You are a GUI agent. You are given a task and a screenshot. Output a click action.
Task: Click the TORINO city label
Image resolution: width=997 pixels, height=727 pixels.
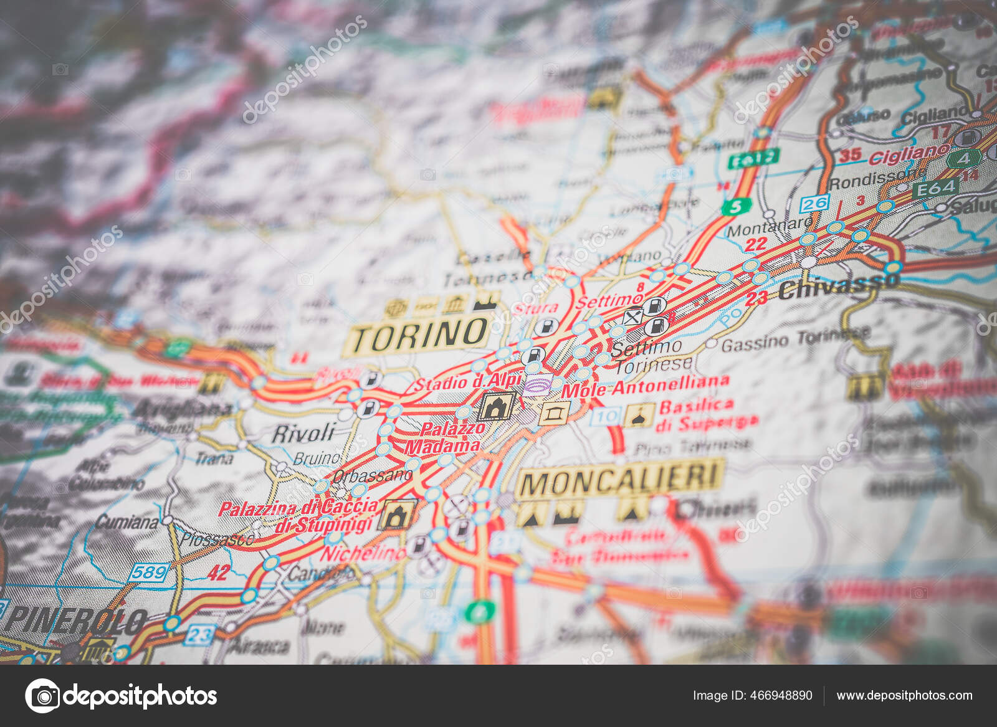419,335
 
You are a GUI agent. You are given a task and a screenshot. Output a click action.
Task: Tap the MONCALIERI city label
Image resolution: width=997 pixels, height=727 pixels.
621,480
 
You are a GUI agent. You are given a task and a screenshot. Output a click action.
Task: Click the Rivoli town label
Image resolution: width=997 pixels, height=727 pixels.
303,433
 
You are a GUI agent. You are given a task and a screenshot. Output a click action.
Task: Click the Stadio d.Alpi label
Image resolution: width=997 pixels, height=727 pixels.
467,382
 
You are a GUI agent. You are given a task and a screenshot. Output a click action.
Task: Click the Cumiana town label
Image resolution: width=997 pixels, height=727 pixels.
127,521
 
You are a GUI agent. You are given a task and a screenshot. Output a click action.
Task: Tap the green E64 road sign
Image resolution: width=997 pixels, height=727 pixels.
935,188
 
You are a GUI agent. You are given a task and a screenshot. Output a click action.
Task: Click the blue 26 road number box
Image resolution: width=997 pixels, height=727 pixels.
814,203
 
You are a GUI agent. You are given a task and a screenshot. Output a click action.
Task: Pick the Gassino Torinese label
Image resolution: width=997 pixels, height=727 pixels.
795,340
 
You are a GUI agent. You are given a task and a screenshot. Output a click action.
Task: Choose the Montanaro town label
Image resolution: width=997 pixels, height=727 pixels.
770,228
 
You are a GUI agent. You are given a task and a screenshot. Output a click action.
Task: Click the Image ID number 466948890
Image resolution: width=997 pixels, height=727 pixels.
752,695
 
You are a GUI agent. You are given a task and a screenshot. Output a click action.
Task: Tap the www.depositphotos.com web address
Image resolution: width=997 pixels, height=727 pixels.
904,695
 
